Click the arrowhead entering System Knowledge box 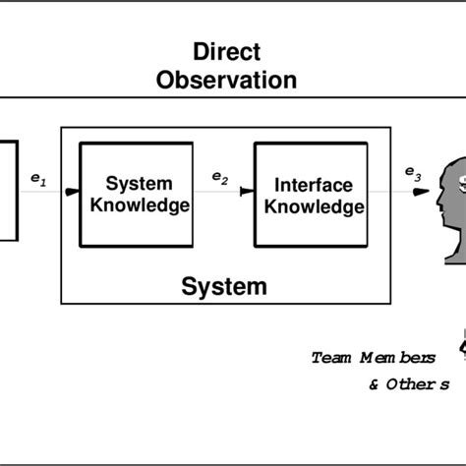pos(73,194)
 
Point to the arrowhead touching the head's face pos(421,194)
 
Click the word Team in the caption pos(330,358)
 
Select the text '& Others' pos(410,384)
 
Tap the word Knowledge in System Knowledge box pos(139,205)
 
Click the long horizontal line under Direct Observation pos(233,96)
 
